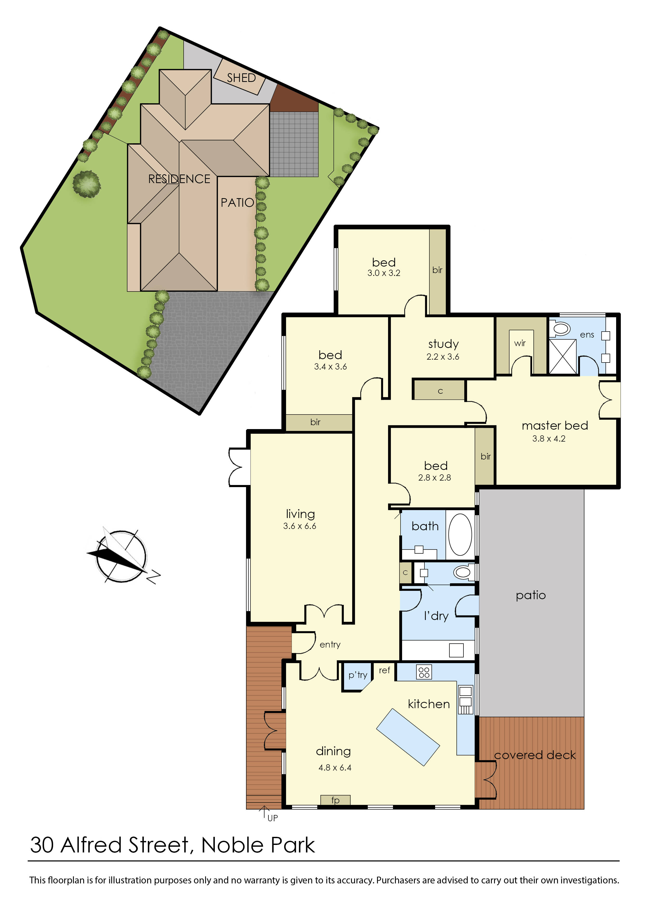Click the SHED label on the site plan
pos(241,78)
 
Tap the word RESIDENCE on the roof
pos(179,179)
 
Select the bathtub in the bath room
pos(460,534)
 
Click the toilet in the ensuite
pos(561,328)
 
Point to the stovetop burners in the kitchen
pos(424,672)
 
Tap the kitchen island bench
pos(408,737)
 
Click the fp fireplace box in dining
pos(335,800)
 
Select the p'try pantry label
pos(357,675)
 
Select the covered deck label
pos(534,755)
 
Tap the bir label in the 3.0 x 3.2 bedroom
pos(437,270)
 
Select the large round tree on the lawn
pos(87,184)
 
